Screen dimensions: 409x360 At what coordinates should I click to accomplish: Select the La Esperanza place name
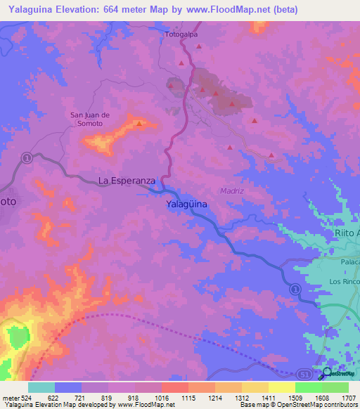tap(127, 181)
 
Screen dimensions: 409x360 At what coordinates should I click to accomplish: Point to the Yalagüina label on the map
tap(187, 204)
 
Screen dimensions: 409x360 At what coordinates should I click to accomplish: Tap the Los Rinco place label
tap(344, 281)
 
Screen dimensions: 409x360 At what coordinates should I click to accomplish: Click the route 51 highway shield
tap(303, 375)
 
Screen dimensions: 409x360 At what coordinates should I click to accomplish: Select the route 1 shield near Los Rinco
tap(295, 289)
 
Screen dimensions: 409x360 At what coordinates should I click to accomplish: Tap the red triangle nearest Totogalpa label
tap(200, 46)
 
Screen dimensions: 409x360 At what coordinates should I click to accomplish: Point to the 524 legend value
tap(25, 397)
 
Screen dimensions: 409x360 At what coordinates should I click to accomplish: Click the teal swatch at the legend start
tap(41, 387)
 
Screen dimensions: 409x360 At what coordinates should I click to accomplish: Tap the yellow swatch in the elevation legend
tap(282, 387)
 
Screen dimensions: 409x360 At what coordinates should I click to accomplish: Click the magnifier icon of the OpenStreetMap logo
tap(326, 372)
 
